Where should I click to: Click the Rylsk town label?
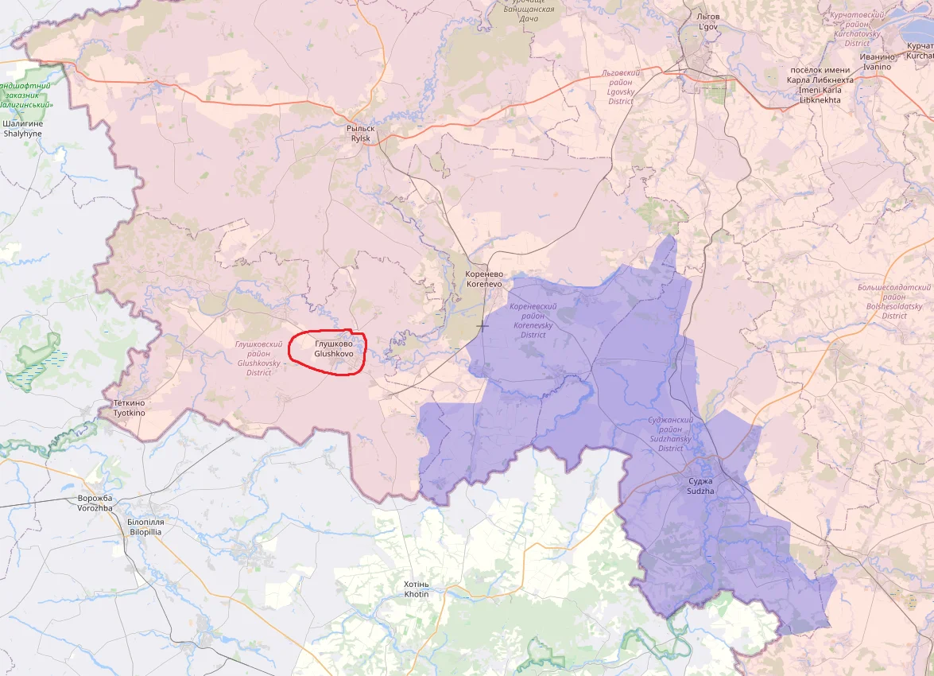(x=362, y=133)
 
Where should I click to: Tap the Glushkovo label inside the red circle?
(x=334, y=348)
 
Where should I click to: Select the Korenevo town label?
(x=484, y=278)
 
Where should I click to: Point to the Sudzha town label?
(x=700, y=486)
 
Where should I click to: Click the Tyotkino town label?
(x=129, y=409)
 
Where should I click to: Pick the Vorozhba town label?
(x=95, y=503)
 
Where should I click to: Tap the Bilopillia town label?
(x=145, y=526)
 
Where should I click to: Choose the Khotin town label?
(x=416, y=589)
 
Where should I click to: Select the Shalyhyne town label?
(x=22, y=129)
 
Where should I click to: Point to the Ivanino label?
(x=878, y=62)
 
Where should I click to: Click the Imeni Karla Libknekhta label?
(x=820, y=90)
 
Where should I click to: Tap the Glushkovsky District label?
(x=259, y=358)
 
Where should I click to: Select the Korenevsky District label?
(x=533, y=321)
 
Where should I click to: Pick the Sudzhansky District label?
(x=670, y=433)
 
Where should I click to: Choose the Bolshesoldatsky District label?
(x=893, y=301)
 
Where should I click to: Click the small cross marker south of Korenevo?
(x=483, y=325)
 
